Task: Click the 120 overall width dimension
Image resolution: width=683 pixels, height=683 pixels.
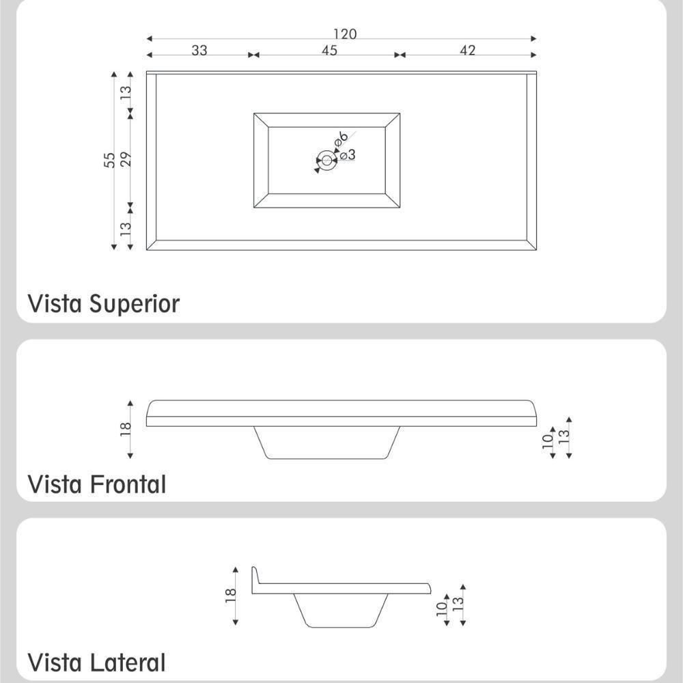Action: pyautogui.click(x=345, y=34)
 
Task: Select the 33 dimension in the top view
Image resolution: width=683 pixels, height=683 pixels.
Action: pyautogui.click(x=199, y=51)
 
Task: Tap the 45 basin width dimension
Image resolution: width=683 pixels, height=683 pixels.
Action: pyautogui.click(x=329, y=51)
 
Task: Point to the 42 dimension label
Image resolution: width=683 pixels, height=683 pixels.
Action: pyautogui.click(x=468, y=51)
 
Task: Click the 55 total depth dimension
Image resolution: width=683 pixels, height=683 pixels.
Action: pyautogui.click(x=110, y=161)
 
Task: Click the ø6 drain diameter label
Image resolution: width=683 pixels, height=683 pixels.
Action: pyautogui.click(x=341, y=139)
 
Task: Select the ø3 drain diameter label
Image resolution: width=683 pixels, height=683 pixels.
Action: pyautogui.click(x=348, y=155)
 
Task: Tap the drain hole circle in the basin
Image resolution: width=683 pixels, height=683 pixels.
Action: pyautogui.click(x=326, y=161)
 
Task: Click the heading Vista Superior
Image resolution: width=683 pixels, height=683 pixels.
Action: pyautogui.click(x=103, y=303)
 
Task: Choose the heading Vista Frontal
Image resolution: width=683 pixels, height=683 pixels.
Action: pyautogui.click(x=96, y=484)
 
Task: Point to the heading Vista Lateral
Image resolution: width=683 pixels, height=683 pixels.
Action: pyautogui.click(x=96, y=663)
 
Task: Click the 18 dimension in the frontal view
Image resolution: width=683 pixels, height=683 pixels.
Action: pyautogui.click(x=126, y=430)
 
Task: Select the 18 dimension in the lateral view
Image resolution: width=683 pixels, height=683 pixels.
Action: pyautogui.click(x=231, y=596)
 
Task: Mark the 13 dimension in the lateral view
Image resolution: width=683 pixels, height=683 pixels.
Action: pyautogui.click(x=458, y=604)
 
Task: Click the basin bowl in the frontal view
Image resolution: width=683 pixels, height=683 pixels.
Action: pyautogui.click(x=326, y=443)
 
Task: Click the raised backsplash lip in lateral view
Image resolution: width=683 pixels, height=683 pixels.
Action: pyautogui.click(x=255, y=578)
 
